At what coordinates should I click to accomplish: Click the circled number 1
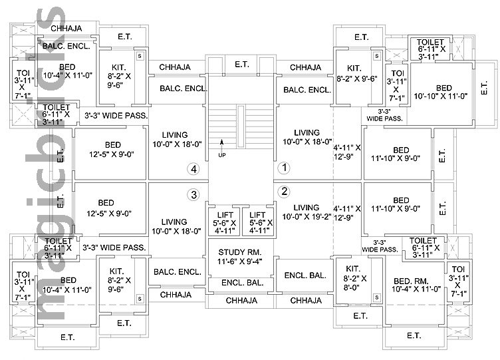(x=283, y=168)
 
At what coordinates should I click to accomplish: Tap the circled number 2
(x=283, y=192)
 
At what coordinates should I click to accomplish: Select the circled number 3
(x=193, y=195)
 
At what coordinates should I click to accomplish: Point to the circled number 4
(x=193, y=169)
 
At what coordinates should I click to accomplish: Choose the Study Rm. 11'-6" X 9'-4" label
(x=240, y=257)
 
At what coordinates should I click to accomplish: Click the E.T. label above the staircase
(x=241, y=65)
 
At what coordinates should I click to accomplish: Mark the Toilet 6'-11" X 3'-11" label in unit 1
(x=432, y=49)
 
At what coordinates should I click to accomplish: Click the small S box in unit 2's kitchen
(x=376, y=297)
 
